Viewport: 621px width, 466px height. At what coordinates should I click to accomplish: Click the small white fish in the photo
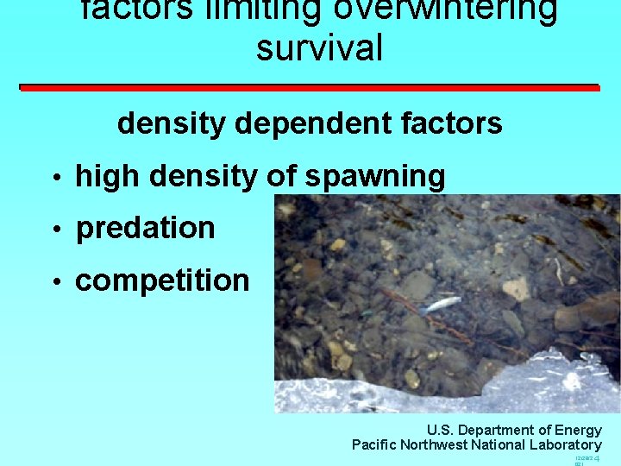click(442, 303)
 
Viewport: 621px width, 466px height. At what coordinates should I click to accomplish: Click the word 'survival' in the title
click(319, 47)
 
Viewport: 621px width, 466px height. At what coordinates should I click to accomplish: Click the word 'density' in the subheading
click(172, 123)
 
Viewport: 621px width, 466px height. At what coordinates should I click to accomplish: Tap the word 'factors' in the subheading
click(455, 123)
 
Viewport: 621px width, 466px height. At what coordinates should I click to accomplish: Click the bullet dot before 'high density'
click(55, 179)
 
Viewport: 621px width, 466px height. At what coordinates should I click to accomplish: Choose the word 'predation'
click(146, 228)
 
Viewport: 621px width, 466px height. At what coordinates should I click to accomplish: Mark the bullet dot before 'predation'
click(55, 230)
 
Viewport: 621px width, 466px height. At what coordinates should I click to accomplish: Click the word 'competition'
click(162, 280)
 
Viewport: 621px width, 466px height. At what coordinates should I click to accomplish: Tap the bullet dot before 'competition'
click(55, 283)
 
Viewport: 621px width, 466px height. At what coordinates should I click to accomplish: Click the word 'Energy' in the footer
click(580, 430)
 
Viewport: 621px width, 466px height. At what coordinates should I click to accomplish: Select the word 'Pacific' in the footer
click(373, 444)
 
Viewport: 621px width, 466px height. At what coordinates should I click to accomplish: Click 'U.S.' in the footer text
click(441, 430)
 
